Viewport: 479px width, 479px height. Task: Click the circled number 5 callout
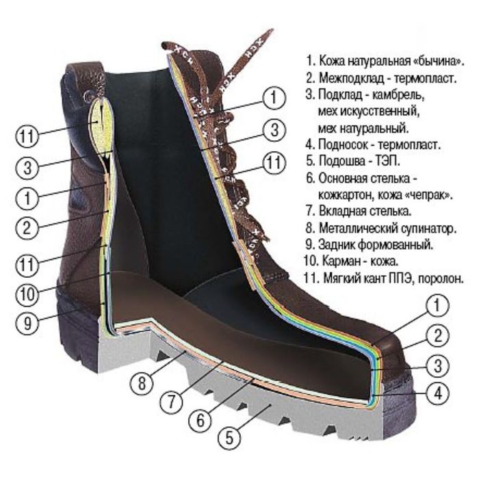[x=229, y=439]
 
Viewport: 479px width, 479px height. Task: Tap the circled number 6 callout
[x=200, y=421]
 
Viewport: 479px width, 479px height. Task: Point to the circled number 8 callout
[x=142, y=383]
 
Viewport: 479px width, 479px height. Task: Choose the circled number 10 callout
[x=27, y=294]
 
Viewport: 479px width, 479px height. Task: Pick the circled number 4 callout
[x=438, y=393]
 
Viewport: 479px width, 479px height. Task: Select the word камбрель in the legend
[x=398, y=94]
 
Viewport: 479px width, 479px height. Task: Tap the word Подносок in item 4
[x=343, y=144]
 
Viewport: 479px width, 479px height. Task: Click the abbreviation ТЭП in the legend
[x=388, y=161]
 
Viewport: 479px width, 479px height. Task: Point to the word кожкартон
[x=345, y=195]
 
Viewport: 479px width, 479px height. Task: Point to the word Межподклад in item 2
[x=351, y=78]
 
